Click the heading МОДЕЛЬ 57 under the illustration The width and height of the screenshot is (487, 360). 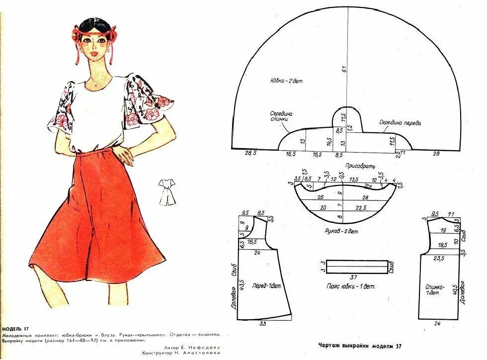pos(15,329)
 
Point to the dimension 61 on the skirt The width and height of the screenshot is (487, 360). pos(344,69)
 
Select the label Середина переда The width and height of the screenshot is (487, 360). pos(400,122)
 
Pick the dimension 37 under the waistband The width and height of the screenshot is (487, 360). pos(354,277)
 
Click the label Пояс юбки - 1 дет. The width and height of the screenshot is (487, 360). pos(351,287)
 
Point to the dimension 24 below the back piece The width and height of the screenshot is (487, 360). pos(437,324)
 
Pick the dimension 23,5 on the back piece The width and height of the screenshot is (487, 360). pos(439,259)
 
